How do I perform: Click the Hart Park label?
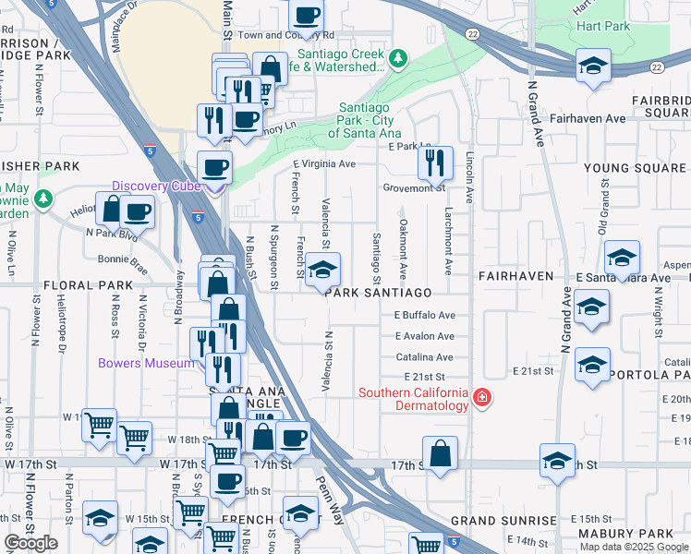[x=603, y=27]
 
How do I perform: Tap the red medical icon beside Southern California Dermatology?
[x=481, y=397]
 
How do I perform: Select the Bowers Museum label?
[x=147, y=363]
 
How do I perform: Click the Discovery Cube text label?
[x=157, y=186]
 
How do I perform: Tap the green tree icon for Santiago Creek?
[x=398, y=59]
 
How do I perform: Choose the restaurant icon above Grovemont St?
[x=434, y=163]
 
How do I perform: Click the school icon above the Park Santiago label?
[x=322, y=270]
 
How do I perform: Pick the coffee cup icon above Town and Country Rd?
[x=307, y=14]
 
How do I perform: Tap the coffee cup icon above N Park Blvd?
[x=137, y=211]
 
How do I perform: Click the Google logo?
[x=31, y=543]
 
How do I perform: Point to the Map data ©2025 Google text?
[x=634, y=547]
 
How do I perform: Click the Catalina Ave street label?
[x=425, y=357]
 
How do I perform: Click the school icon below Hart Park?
[x=592, y=66]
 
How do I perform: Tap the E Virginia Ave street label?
[x=324, y=164]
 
